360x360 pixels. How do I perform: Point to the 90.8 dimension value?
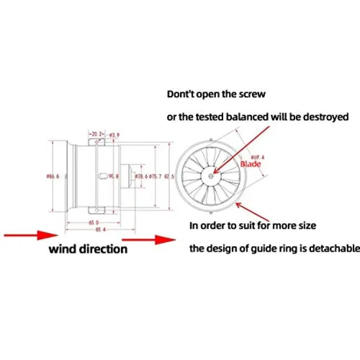point(113,177)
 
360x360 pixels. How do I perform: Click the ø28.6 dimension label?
point(141,177)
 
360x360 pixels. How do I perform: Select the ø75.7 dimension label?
point(156,177)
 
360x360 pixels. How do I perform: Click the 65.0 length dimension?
point(94,223)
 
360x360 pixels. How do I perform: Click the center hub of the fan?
point(212,176)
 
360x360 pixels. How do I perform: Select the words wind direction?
point(88,249)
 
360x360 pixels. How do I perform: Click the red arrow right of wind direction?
point(149,238)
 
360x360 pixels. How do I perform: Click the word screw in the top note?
point(252,94)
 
